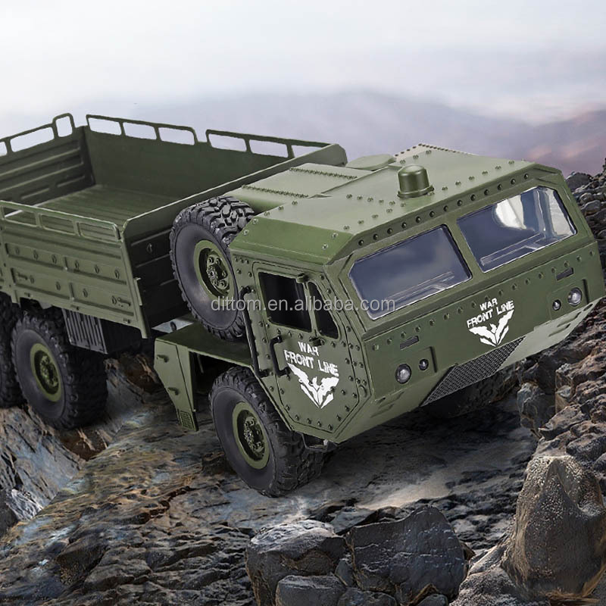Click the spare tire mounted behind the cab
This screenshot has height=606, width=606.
click(x=208, y=261)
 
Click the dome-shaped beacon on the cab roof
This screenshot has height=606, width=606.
click(x=414, y=181)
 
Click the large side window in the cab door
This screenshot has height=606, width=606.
click(x=284, y=300)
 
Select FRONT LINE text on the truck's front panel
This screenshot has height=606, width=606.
click(x=490, y=314)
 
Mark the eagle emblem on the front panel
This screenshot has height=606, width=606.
click(x=492, y=334)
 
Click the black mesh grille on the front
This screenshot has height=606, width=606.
click(x=473, y=372)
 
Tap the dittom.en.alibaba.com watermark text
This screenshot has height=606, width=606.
click(x=303, y=305)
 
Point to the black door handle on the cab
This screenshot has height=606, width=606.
click(x=277, y=363)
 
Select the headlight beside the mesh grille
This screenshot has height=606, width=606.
click(x=403, y=373)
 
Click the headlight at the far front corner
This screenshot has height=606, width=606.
click(x=575, y=296)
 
